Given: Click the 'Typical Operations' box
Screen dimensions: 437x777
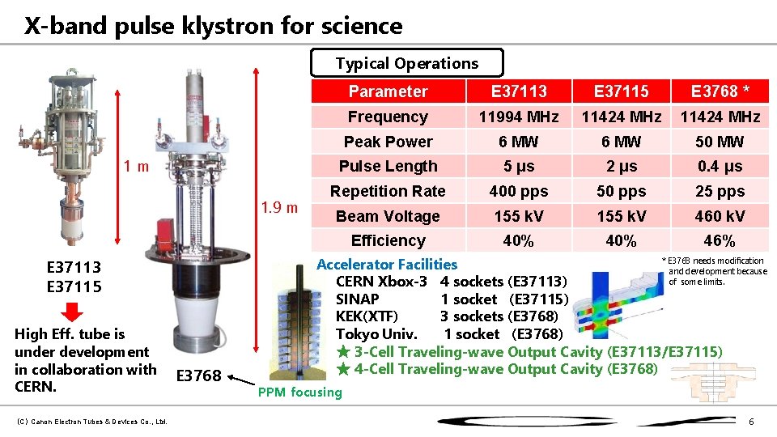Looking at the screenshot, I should (407, 63).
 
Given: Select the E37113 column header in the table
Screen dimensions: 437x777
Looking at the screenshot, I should (518, 91).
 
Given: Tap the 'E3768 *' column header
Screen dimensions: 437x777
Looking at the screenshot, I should (720, 91).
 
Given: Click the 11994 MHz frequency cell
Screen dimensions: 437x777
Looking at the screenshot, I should (518, 117).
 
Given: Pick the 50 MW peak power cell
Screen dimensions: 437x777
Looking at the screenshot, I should (720, 142).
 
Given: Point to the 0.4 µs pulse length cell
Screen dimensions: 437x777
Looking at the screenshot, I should (720, 166).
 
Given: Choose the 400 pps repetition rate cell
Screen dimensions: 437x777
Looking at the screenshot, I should (518, 191).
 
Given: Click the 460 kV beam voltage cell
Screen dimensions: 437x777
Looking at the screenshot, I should (720, 216).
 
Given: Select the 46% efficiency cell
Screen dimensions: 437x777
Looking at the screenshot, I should (720, 240).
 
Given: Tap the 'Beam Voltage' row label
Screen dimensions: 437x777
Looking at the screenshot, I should (388, 216).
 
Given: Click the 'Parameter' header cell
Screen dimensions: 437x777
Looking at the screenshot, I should (388, 91).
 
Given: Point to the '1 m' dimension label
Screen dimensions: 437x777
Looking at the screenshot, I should (136, 167).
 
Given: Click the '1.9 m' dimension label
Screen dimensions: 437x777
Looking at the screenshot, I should (280, 207).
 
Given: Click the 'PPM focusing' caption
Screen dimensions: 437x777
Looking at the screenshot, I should (299, 392).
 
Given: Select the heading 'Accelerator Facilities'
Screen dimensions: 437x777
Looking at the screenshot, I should (387, 264).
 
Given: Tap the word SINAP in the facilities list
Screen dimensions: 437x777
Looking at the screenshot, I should (358, 299).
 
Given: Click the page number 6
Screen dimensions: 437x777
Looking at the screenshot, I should (751, 422).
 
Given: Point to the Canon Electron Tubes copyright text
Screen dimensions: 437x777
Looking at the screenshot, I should (91, 421).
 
